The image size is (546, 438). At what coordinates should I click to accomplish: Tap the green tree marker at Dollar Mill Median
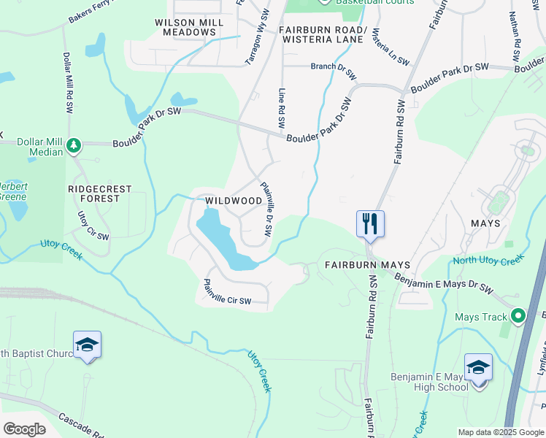[x=74, y=145]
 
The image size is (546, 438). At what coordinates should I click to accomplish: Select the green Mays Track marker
[x=518, y=316]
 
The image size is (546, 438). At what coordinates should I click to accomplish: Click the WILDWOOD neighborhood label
[x=234, y=200]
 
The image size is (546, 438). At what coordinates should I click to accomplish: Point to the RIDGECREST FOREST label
[x=99, y=193]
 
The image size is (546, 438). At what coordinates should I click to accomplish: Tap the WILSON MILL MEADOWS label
[x=190, y=28]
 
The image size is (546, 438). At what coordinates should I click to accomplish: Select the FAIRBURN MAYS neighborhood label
[x=368, y=265]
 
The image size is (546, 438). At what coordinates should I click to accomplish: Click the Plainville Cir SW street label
[x=226, y=292]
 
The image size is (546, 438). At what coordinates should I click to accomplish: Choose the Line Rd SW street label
[x=281, y=109]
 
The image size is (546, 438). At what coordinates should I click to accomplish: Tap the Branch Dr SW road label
[x=334, y=71]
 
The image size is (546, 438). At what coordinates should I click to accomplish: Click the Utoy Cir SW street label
[x=93, y=226]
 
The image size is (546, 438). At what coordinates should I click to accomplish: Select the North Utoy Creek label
[x=488, y=260]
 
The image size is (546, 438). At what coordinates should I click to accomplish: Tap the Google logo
[x=24, y=429]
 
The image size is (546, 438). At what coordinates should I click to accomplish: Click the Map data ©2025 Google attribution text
[x=501, y=432]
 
